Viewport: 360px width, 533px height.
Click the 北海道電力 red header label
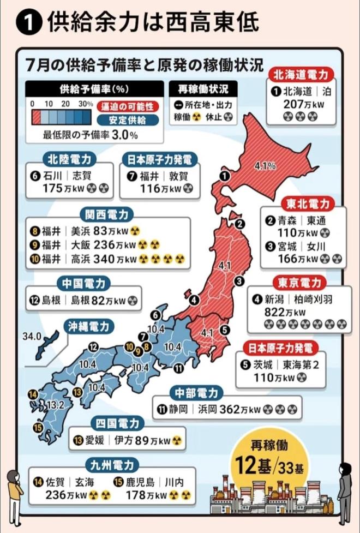point(301,74)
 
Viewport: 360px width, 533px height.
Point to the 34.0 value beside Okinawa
point(32,336)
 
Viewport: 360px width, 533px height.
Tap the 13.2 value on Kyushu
point(57,404)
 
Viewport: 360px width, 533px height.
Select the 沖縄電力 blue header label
point(88,326)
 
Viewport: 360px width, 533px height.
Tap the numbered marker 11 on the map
point(178,369)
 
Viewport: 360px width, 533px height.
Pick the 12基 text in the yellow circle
point(256,466)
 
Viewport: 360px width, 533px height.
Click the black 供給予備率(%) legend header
point(94,88)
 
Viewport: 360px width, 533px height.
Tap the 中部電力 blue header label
point(196,393)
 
